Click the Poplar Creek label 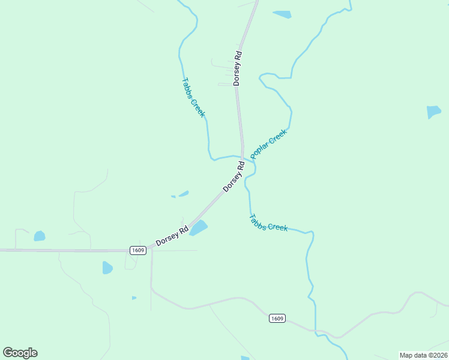click(268, 144)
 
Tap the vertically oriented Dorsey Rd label click(238, 68)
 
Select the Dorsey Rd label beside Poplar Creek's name click(234, 176)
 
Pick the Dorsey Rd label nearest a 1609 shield click(172, 235)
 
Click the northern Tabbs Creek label click(193, 97)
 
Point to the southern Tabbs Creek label click(268, 223)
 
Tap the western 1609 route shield click(138, 250)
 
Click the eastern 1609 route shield click(277, 318)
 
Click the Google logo click(20, 353)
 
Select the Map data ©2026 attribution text click(423, 355)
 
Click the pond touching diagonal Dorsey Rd click(199, 228)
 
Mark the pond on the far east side click(433, 112)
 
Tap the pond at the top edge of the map click(282, 14)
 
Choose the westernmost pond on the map click(40, 236)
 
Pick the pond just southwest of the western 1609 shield click(107, 268)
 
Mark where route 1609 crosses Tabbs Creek click(314, 329)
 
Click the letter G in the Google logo click(8, 353)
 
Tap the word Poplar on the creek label click(262, 149)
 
